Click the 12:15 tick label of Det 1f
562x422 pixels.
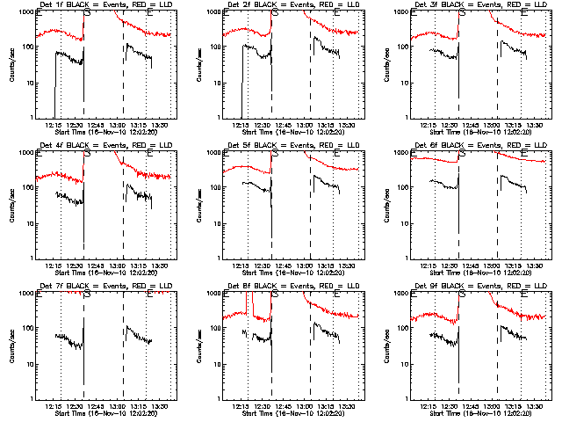point(54,125)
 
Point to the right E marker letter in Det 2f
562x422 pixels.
point(337,13)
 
